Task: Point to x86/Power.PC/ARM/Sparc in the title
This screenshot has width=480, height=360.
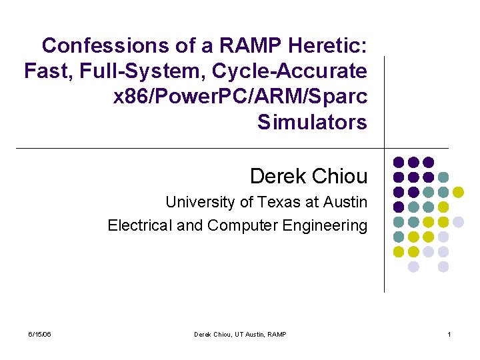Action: pos(241,97)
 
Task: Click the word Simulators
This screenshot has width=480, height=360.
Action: pos(312,122)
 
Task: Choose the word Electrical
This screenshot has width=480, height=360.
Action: pos(139,225)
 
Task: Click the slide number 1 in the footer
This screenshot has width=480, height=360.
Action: pos(449,334)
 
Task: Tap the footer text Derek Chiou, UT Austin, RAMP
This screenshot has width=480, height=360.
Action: pos(240,334)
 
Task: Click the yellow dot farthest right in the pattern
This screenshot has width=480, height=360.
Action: pos(459,192)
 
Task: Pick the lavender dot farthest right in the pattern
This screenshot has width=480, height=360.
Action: pos(459,222)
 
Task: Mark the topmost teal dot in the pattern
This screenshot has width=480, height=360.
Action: pos(444,177)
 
